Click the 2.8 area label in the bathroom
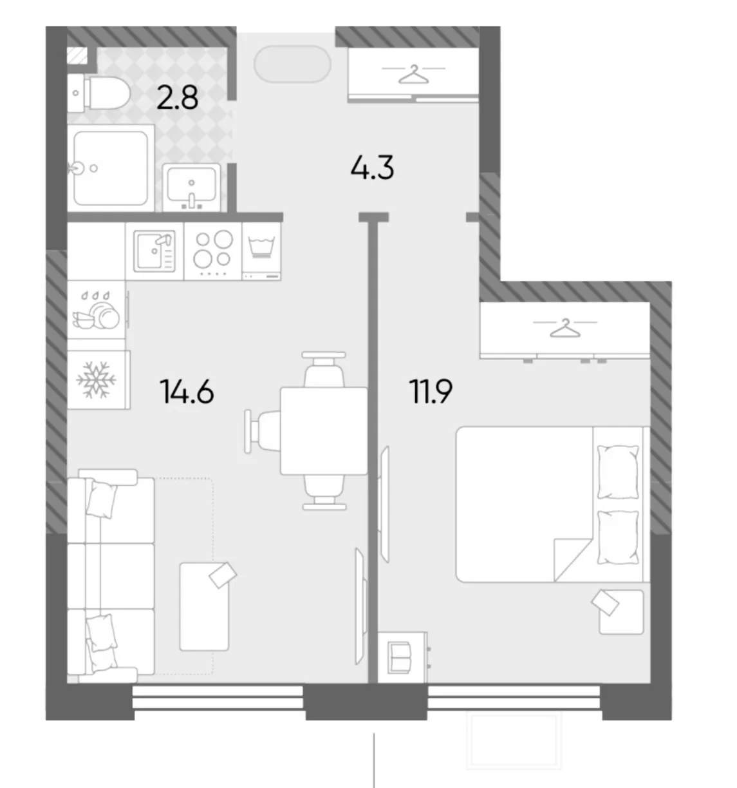(x=177, y=99)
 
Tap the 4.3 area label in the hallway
(x=372, y=168)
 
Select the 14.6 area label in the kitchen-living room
(x=187, y=392)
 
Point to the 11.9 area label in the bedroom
(x=431, y=391)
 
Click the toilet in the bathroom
(x=99, y=93)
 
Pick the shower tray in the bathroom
(x=111, y=168)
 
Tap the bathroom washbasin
(x=192, y=187)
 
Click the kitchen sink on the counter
(x=154, y=251)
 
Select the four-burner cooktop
(x=213, y=251)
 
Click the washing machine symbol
(x=261, y=251)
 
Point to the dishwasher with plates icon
(x=97, y=310)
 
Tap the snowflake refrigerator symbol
(x=97, y=380)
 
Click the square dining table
(x=324, y=431)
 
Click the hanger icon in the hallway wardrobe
(x=414, y=74)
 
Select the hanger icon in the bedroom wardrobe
(x=565, y=328)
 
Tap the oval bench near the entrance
(x=292, y=64)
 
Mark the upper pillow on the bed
(x=618, y=472)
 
